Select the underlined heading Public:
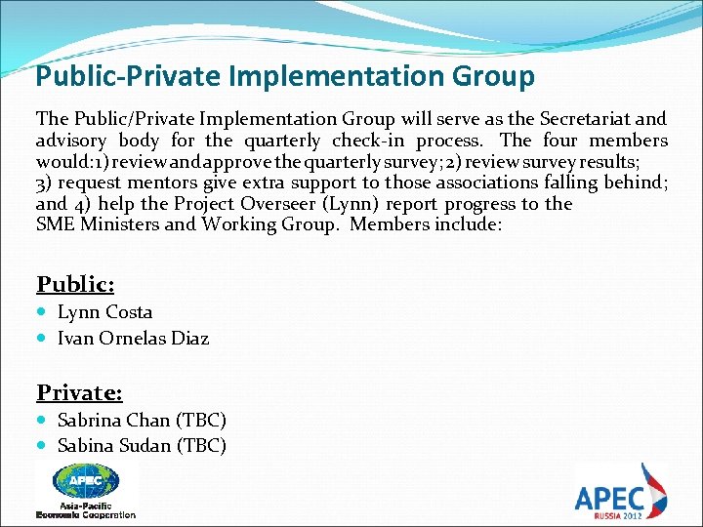tap(75, 284)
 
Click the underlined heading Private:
tap(79, 392)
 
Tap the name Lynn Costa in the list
tap(105, 312)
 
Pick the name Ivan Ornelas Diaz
tap(133, 339)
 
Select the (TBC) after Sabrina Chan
tap(200, 421)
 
